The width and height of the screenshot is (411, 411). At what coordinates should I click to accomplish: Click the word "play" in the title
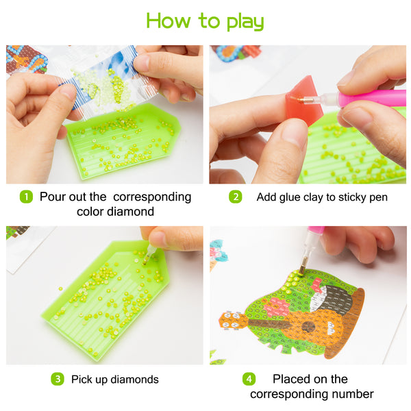tap(245, 22)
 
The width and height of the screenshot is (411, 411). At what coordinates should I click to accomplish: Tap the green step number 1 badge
tap(26, 197)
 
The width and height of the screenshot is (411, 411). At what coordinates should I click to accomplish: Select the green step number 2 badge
tap(236, 197)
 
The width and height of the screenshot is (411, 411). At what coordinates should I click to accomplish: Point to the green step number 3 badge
tap(58, 379)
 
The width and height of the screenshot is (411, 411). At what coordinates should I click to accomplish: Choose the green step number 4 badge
tap(249, 379)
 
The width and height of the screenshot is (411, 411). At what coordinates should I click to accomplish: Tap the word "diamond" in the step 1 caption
tap(130, 212)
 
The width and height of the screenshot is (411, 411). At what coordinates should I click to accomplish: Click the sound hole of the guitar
tap(308, 327)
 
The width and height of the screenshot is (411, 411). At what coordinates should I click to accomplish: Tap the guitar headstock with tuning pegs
tap(234, 320)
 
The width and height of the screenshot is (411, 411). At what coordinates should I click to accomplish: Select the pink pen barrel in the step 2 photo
tap(372, 99)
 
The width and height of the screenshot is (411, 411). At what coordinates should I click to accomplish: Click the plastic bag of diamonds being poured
tap(105, 82)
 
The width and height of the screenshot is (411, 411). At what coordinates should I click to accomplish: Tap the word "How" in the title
tap(168, 21)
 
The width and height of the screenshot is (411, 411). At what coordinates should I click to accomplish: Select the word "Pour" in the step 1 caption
tap(51, 197)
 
